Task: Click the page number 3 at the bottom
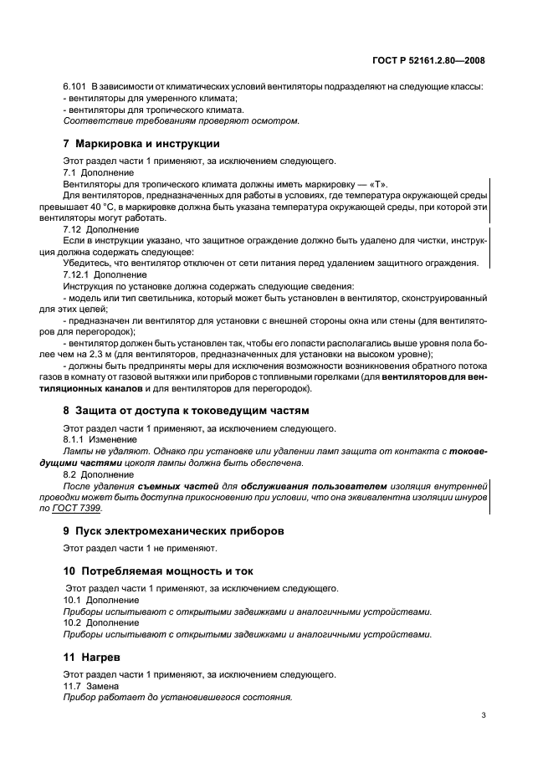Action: pos(484,715)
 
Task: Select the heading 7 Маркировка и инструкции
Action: pos(141,144)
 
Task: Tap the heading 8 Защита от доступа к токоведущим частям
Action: pos(186,411)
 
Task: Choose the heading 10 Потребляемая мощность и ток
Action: pos(158,571)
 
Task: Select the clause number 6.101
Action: pos(75,88)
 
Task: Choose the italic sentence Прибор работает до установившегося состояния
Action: pos(177,698)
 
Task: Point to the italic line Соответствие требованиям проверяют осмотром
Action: pos(181,121)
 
